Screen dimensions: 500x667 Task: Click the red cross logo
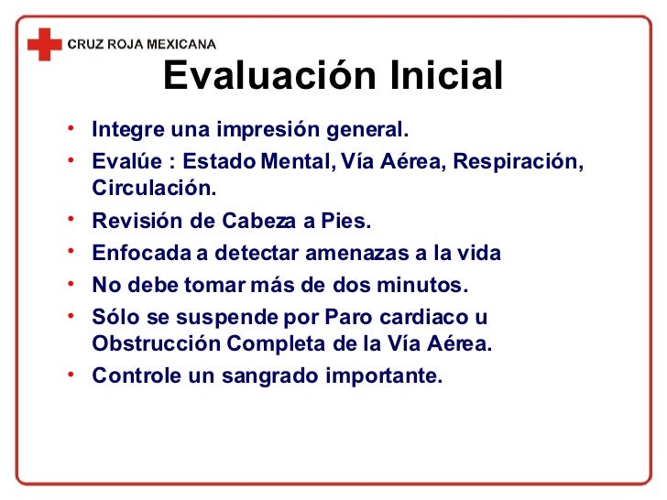pos(44,42)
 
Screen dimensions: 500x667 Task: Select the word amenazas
pos(347,254)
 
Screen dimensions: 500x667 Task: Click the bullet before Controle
pos(72,375)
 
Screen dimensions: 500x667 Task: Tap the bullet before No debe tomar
pos(72,285)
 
